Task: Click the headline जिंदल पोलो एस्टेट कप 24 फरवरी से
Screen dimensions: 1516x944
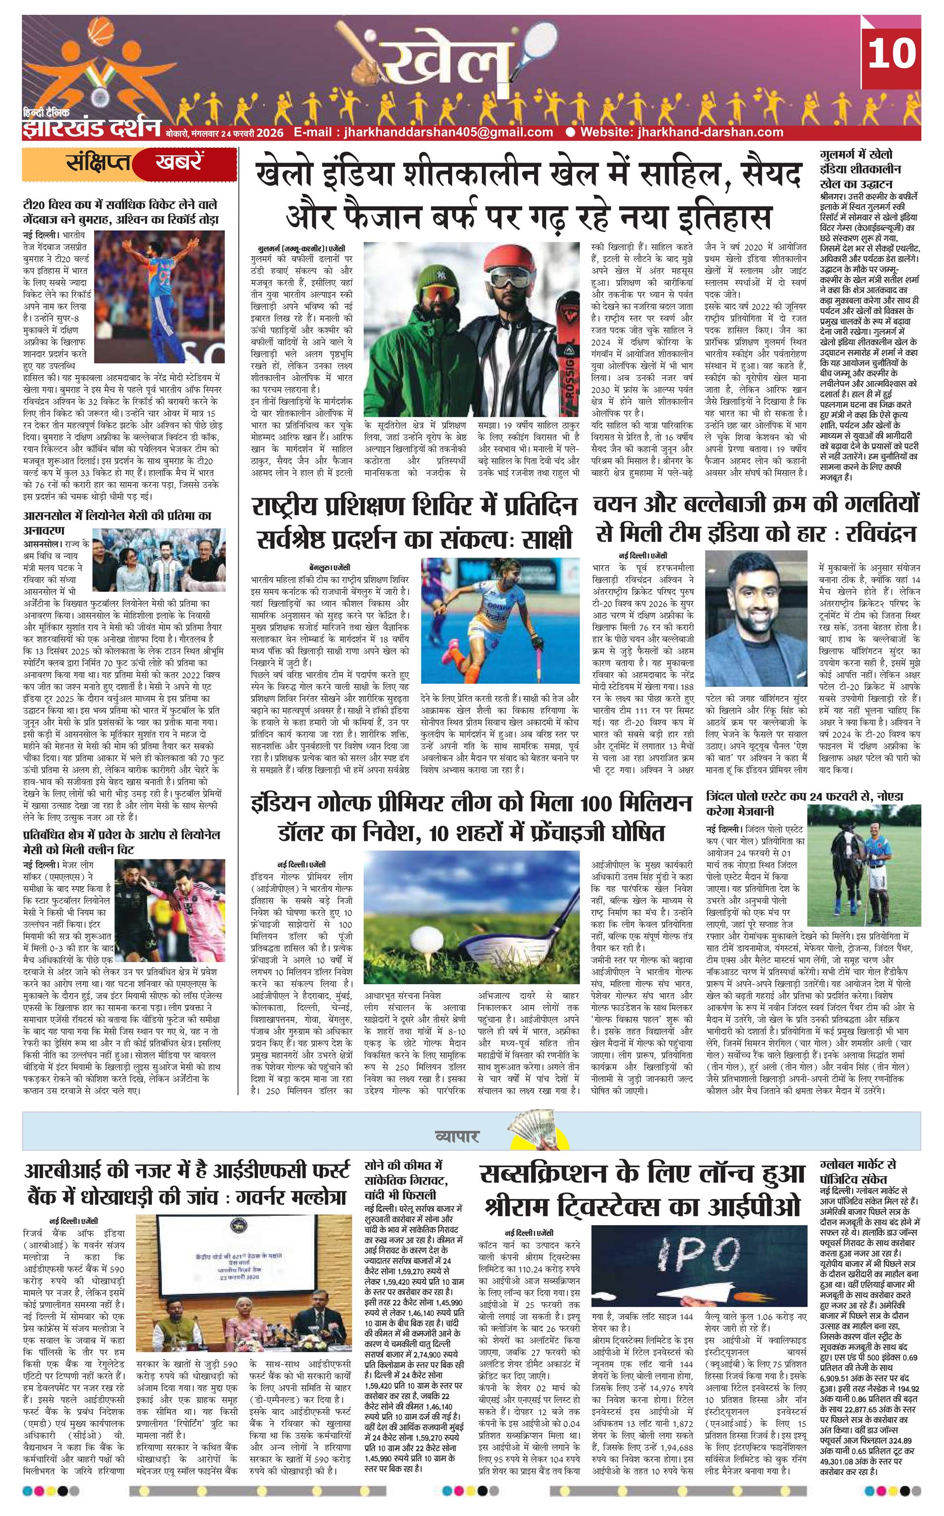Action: [x=804, y=797]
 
